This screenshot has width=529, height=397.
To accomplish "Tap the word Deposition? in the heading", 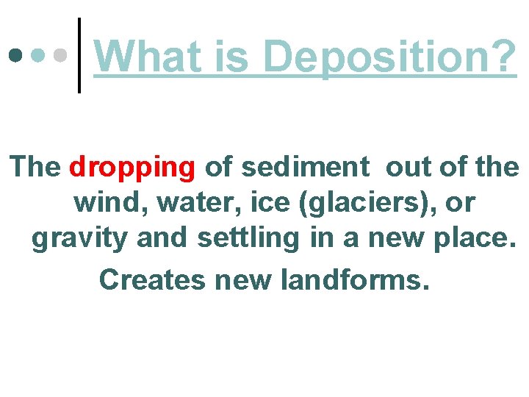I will tap(390, 57).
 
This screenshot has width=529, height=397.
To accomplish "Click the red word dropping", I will tap(132, 168).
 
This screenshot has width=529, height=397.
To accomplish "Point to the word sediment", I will tap(305, 168).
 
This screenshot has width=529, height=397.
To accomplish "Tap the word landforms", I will tap(353, 279).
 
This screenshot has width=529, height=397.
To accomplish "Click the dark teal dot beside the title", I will tap(15, 56).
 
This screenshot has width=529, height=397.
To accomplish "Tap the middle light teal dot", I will tap(38, 56).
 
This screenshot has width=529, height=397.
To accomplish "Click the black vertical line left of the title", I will tap(79, 55).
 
